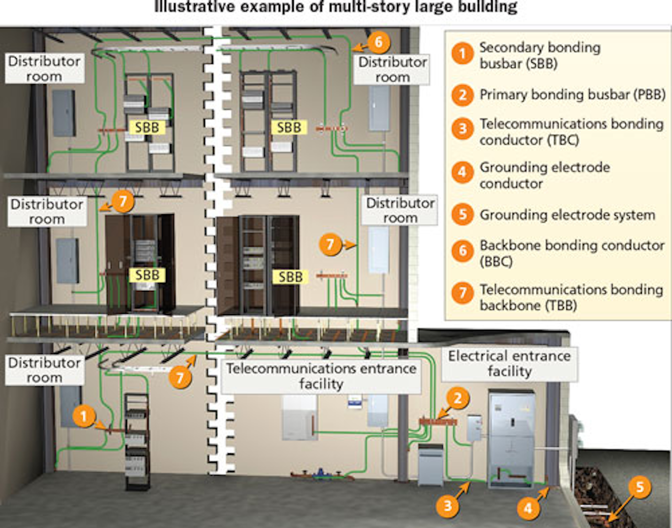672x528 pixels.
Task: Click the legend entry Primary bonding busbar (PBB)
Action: (572, 95)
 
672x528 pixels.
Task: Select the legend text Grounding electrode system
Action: (567, 215)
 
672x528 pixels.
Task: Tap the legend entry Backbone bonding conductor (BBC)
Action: (571, 253)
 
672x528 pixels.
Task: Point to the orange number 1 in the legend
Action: (462, 54)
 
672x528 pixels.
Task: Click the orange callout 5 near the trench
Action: (640, 487)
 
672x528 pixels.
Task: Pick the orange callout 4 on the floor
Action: (528, 508)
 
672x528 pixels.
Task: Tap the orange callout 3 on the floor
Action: (447, 506)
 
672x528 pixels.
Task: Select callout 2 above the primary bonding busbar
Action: (457, 399)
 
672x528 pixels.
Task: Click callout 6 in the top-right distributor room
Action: (378, 43)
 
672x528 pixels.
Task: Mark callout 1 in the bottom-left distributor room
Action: (84, 416)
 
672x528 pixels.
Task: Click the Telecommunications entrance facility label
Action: (321, 376)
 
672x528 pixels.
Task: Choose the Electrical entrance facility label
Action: (509, 364)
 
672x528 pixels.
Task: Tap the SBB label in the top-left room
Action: (147, 127)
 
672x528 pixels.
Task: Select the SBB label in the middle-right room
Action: (290, 277)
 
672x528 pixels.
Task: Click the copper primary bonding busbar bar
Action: (438, 422)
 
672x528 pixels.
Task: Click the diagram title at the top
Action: (336, 8)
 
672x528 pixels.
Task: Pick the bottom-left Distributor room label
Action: (45, 370)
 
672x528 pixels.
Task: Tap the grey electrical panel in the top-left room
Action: (63, 113)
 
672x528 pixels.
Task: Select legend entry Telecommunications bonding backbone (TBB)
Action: (571, 297)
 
